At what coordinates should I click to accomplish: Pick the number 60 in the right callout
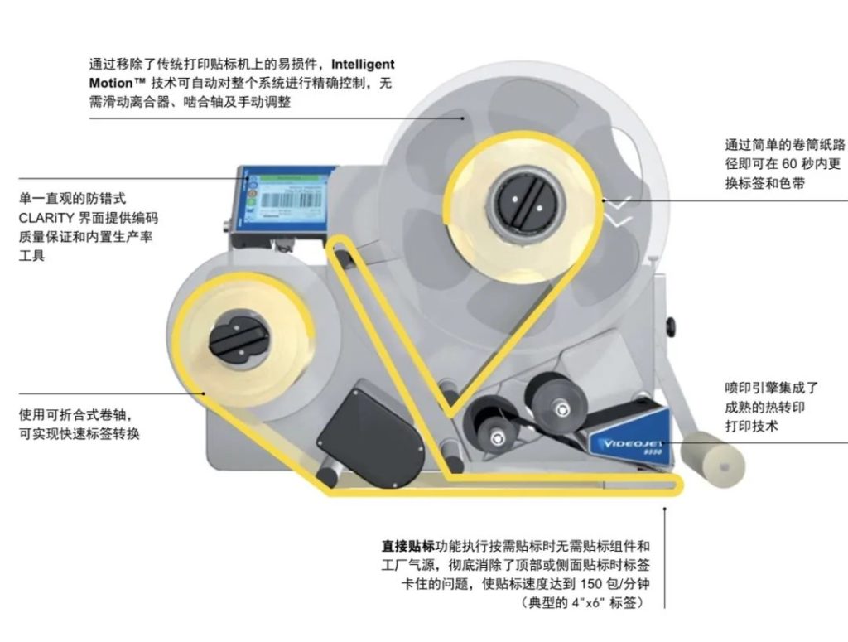pyautogui.click(x=792, y=163)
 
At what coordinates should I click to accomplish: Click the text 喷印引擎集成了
pyautogui.click(x=771, y=387)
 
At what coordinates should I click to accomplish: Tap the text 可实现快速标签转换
pyautogui.click(x=79, y=433)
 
